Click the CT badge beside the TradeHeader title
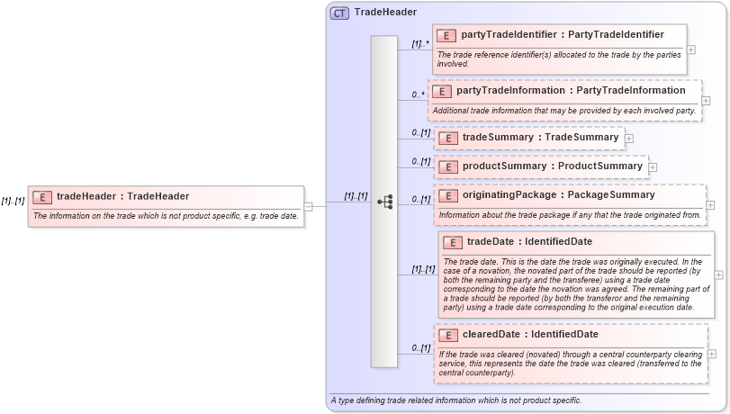(x=339, y=13)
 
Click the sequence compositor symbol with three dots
(x=385, y=202)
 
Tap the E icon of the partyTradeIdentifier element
(x=447, y=36)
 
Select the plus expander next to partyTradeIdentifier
(x=691, y=49)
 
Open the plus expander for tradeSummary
(x=629, y=138)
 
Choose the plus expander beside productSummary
(x=653, y=166)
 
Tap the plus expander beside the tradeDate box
(x=717, y=274)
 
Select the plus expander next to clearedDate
(x=713, y=354)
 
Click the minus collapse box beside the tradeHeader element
(x=309, y=206)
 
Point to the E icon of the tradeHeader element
(x=42, y=196)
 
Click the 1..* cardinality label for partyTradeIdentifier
(x=419, y=43)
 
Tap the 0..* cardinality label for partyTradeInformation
(x=419, y=94)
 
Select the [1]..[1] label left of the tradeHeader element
(x=13, y=201)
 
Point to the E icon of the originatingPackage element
(x=447, y=195)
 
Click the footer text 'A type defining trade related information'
(x=455, y=400)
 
